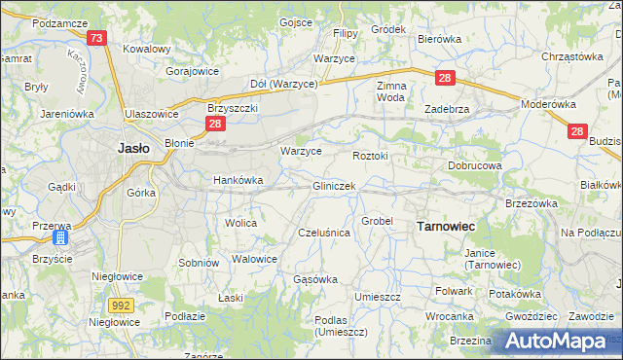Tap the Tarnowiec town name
(x=445, y=226)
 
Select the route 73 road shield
(x=95, y=39)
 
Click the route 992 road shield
(x=121, y=306)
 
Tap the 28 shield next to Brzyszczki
(x=215, y=124)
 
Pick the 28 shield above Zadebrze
(x=444, y=78)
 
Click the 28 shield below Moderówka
(x=576, y=130)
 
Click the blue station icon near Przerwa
(x=60, y=236)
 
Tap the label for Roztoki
(x=370, y=155)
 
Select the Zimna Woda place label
(x=390, y=91)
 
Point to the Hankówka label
(x=238, y=180)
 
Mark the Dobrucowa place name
(x=474, y=165)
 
